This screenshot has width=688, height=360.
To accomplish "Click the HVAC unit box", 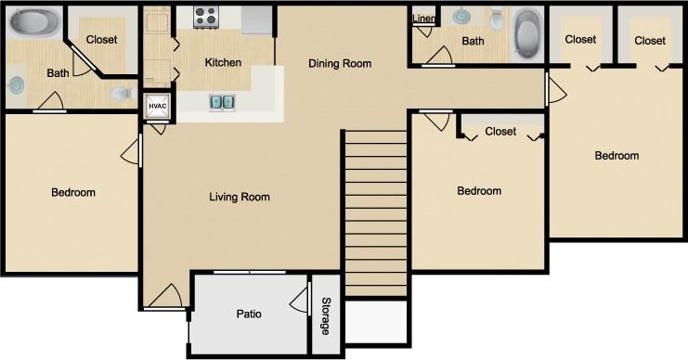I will coord(157,107).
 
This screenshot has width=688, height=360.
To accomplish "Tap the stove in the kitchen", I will coord(205,16).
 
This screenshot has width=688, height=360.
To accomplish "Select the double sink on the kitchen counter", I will coord(222,102).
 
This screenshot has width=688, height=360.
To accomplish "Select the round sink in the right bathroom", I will coord(461,16).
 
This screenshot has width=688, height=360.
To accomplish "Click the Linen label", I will coord(423,18).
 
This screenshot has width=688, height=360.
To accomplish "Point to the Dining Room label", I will coord(340,64).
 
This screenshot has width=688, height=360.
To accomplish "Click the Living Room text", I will coord(240,197).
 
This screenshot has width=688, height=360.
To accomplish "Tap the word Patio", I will coord(248,314).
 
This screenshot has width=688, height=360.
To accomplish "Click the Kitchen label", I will coord(223,63).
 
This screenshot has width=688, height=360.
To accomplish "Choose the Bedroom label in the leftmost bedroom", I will coord(73,193).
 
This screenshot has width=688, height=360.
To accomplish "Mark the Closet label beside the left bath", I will coord(101,39).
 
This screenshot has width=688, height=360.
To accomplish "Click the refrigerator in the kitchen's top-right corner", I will coord(257,19).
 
